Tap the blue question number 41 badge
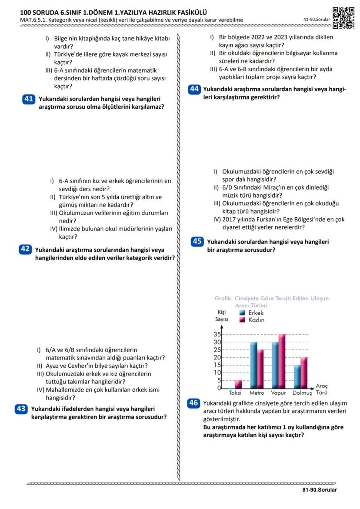tap(28, 99)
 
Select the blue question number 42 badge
tap(25, 249)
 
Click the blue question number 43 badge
tap(21, 409)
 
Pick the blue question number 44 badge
tap(194, 89)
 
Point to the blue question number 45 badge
tap(197, 241)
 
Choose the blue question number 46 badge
tap(193, 403)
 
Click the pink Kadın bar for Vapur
tap(282, 361)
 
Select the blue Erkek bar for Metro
tap(253, 365)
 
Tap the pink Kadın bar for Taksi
tap(238, 384)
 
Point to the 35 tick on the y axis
tap(217, 334)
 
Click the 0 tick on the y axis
tap(219, 388)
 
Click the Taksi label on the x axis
tap(235, 393)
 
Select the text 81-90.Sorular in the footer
tap(320, 490)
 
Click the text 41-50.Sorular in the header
tap(317, 20)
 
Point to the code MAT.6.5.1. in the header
tap(35, 20)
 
